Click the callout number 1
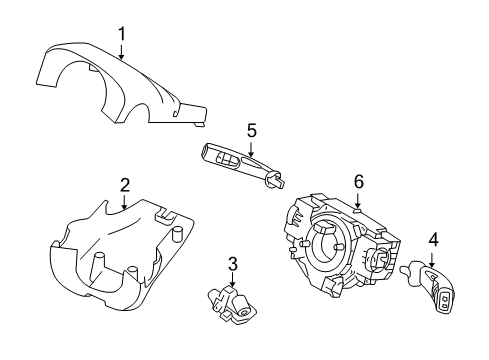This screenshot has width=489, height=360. coord(122,34)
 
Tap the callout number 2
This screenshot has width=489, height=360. coord(125,184)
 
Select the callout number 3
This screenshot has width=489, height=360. coord(232,264)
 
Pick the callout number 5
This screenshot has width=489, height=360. coord(252,130)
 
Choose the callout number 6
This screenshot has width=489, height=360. coord(358,182)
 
